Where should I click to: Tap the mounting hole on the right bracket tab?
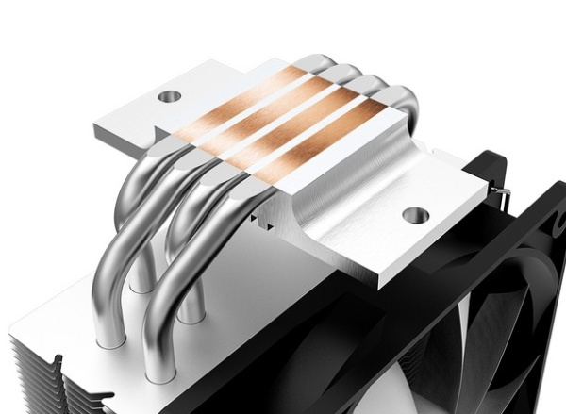414,214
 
